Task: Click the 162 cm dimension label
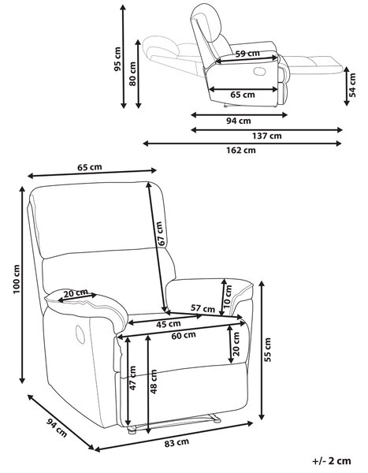[241, 150]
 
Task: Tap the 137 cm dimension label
[267, 136]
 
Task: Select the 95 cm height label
[117, 59]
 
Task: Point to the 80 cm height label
[132, 74]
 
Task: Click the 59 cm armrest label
[247, 54]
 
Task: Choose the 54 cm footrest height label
[352, 85]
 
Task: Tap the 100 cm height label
[16, 279]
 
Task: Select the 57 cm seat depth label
[203, 308]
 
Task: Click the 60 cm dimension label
[184, 335]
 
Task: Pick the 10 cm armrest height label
[229, 296]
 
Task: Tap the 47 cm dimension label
[132, 378]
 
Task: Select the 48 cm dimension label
[154, 382]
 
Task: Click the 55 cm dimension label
[267, 349]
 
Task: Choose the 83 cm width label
[177, 443]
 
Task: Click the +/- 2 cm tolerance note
[332, 460]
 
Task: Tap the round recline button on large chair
[80, 334]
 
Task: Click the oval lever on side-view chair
[259, 72]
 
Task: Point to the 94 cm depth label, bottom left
[57, 428]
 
